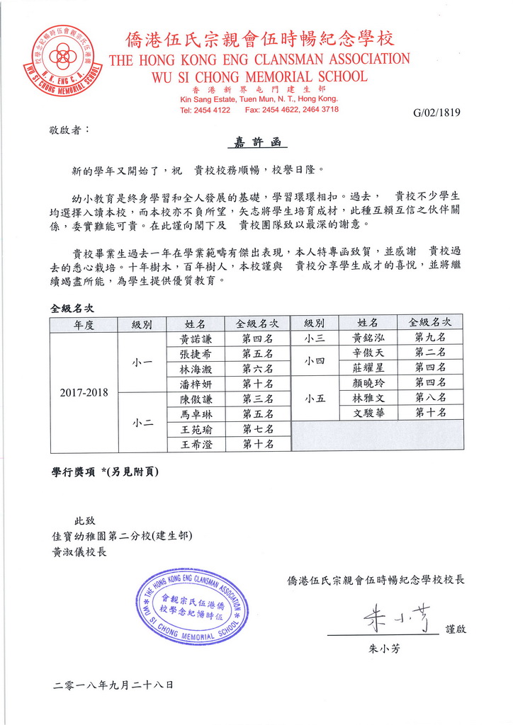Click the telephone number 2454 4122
coord(213,110)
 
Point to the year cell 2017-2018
coord(84,392)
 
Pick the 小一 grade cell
coord(142,361)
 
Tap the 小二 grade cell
coord(142,422)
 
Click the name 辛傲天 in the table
coord(368,353)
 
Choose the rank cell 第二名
coord(430,353)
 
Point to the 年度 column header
coord(84,324)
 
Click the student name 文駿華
coord(368,413)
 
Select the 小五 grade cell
coord(315,398)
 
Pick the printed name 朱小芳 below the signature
coord(384,648)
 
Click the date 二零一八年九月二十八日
coord(113,685)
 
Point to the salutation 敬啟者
coord(69,130)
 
